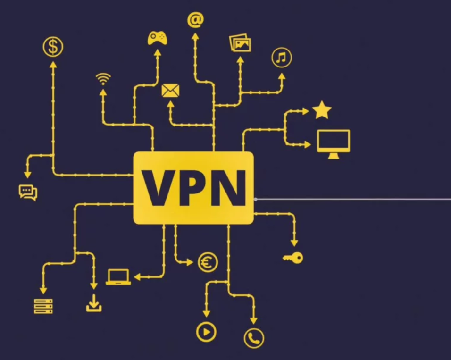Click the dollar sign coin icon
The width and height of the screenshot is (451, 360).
tap(53, 47)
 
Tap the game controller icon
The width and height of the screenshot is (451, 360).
tap(157, 38)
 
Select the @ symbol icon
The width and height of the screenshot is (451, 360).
tap(195, 20)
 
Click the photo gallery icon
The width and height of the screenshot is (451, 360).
tap(240, 43)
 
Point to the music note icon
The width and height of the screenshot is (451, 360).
tap(282, 58)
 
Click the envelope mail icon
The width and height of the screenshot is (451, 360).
tap(170, 90)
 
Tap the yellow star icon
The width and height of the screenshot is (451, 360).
tap(322, 110)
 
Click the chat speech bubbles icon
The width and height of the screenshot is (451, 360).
tap(28, 192)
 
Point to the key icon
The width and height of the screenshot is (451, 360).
tap(293, 258)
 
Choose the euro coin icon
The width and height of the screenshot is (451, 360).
tap(208, 262)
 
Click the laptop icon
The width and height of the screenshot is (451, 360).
tap(118, 277)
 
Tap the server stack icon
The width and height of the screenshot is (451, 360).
tap(43, 306)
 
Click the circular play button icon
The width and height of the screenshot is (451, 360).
tap(206, 332)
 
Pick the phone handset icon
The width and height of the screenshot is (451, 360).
tap(254, 338)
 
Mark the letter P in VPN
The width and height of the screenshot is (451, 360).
tap(191, 188)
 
